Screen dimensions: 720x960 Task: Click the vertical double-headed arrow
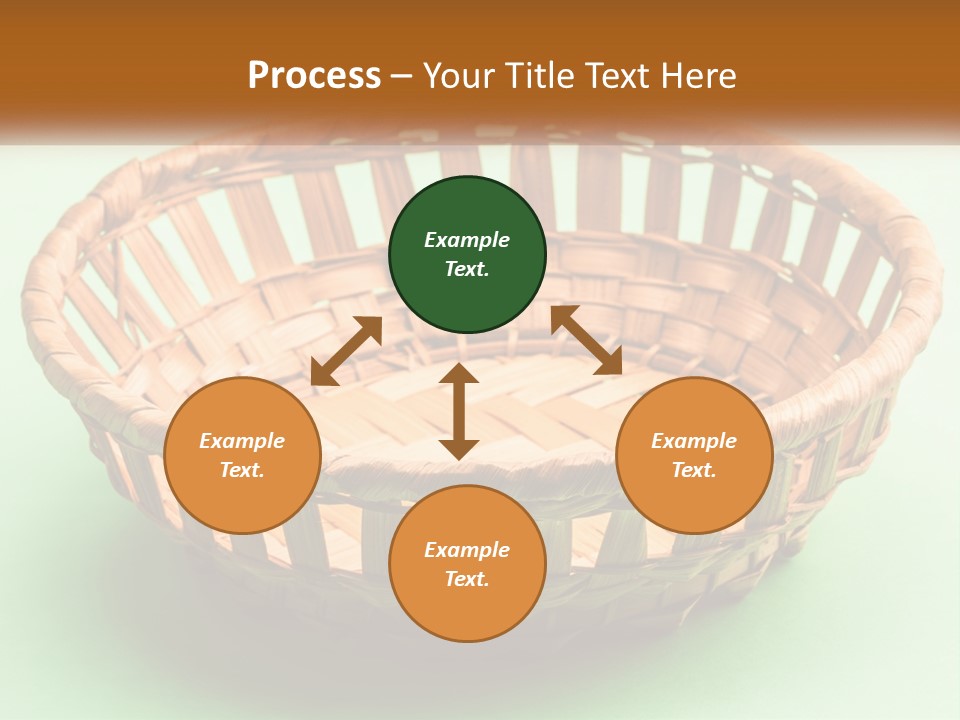point(459,411)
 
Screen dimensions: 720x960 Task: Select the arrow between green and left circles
point(346,351)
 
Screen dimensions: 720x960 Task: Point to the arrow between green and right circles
point(586,341)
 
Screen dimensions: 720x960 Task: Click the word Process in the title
point(314,76)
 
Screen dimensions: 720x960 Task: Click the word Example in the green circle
point(467,240)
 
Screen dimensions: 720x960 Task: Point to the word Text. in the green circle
point(467,269)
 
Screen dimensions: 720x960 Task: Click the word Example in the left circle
point(242,441)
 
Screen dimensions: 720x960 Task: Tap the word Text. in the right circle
point(694,470)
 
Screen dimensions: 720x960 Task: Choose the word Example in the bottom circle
point(467,550)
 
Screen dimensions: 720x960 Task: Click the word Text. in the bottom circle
point(467,579)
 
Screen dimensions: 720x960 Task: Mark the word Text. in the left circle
point(242,470)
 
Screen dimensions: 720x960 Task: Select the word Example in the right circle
point(694,441)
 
